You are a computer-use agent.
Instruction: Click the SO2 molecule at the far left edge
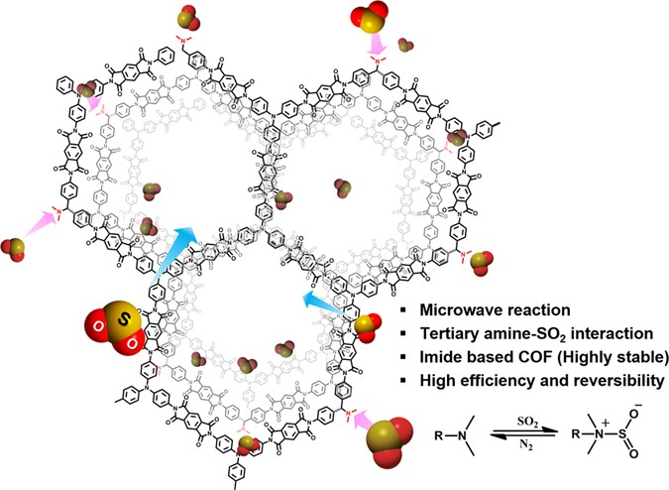click(x=17, y=248)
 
